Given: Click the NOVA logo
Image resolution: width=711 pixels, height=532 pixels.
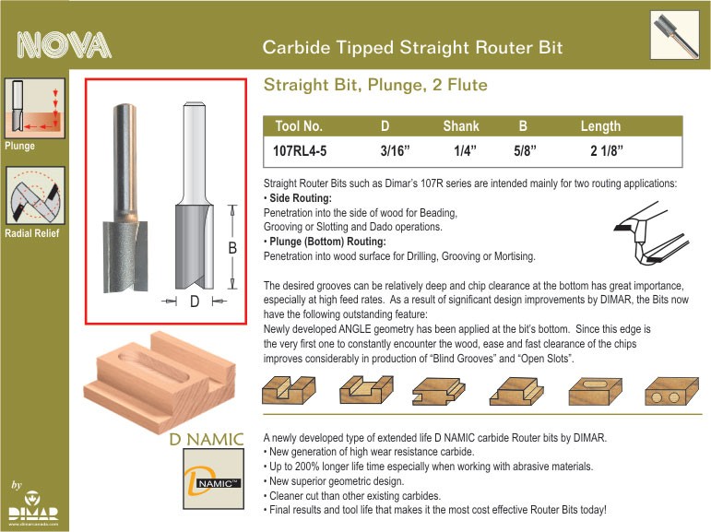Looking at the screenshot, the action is (x=64, y=45).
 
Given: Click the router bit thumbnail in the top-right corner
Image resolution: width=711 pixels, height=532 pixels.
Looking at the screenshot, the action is (x=674, y=35).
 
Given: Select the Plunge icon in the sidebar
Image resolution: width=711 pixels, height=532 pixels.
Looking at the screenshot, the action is (x=34, y=108).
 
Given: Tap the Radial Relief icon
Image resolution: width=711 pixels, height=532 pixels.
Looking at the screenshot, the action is (x=35, y=195).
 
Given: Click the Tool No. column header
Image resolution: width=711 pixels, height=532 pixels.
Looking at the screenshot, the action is (x=299, y=126).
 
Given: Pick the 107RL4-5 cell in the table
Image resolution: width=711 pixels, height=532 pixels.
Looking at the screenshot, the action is (x=300, y=150).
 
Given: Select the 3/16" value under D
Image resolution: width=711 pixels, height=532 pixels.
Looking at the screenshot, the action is (x=395, y=150).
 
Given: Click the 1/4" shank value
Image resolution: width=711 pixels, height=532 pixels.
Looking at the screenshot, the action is (x=465, y=150).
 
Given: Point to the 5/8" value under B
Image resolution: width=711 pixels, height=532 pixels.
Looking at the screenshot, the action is (x=525, y=150).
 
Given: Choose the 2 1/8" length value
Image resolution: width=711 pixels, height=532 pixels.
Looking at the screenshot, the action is (x=607, y=150).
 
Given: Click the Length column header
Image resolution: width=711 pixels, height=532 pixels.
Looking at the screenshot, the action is (x=600, y=126).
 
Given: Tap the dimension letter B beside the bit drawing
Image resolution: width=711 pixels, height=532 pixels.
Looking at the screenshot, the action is (x=232, y=248).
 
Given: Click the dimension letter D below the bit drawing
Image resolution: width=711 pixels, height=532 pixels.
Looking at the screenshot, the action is (x=195, y=301).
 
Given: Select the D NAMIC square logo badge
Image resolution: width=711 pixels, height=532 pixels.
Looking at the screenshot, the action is (x=214, y=479).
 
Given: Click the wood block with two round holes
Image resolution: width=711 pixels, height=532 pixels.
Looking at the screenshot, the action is (x=671, y=391).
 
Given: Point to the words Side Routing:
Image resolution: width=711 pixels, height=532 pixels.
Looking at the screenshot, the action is (x=301, y=198).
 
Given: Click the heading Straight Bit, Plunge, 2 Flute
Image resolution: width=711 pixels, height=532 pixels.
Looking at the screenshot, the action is (x=375, y=85).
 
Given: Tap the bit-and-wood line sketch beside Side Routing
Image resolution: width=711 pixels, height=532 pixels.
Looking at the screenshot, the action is (x=651, y=234).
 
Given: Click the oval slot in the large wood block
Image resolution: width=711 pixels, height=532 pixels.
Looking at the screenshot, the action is (x=153, y=366).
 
